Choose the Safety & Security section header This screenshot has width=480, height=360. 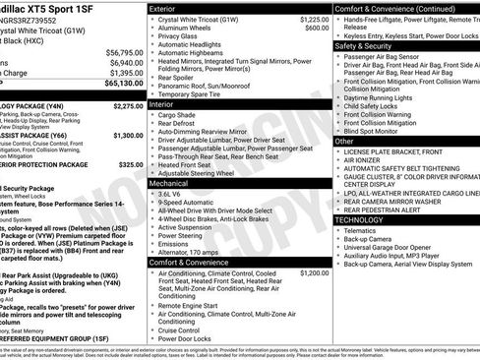363,45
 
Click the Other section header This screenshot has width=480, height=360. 344,141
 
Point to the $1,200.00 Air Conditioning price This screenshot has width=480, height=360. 314,272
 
